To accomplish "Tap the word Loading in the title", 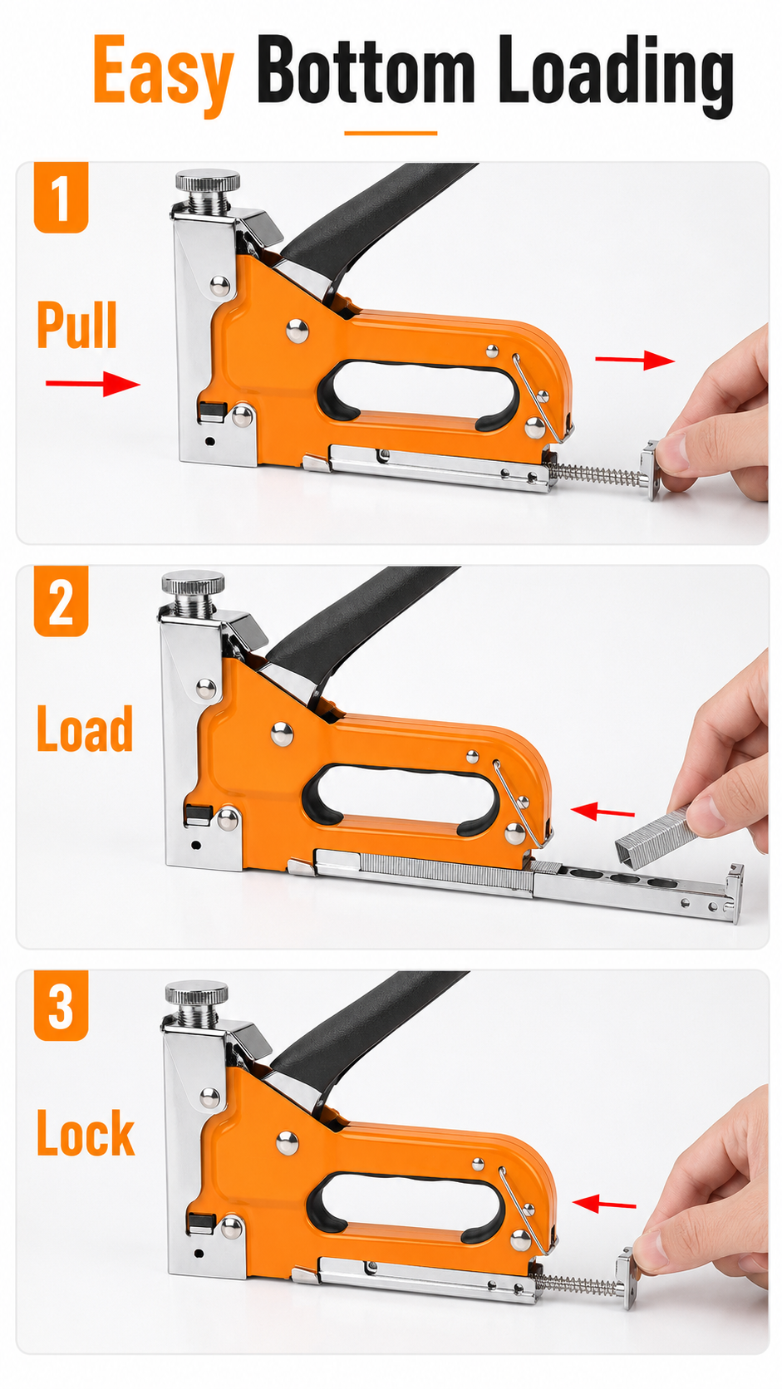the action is [x=616, y=75].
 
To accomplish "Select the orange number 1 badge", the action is [x=61, y=197].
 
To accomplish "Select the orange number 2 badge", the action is [x=61, y=601].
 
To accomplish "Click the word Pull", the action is [x=77, y=324].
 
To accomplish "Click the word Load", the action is [x=85, y=729].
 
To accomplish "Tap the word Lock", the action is [x=86, y=1133].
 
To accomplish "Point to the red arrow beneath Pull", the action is [x=93, y=384].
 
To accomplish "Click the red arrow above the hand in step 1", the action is [x=635, y=360].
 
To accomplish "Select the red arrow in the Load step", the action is [x=602, y=811].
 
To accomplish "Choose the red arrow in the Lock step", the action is [x=604, y=1204].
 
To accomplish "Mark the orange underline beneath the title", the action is [x=391, y=133].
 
